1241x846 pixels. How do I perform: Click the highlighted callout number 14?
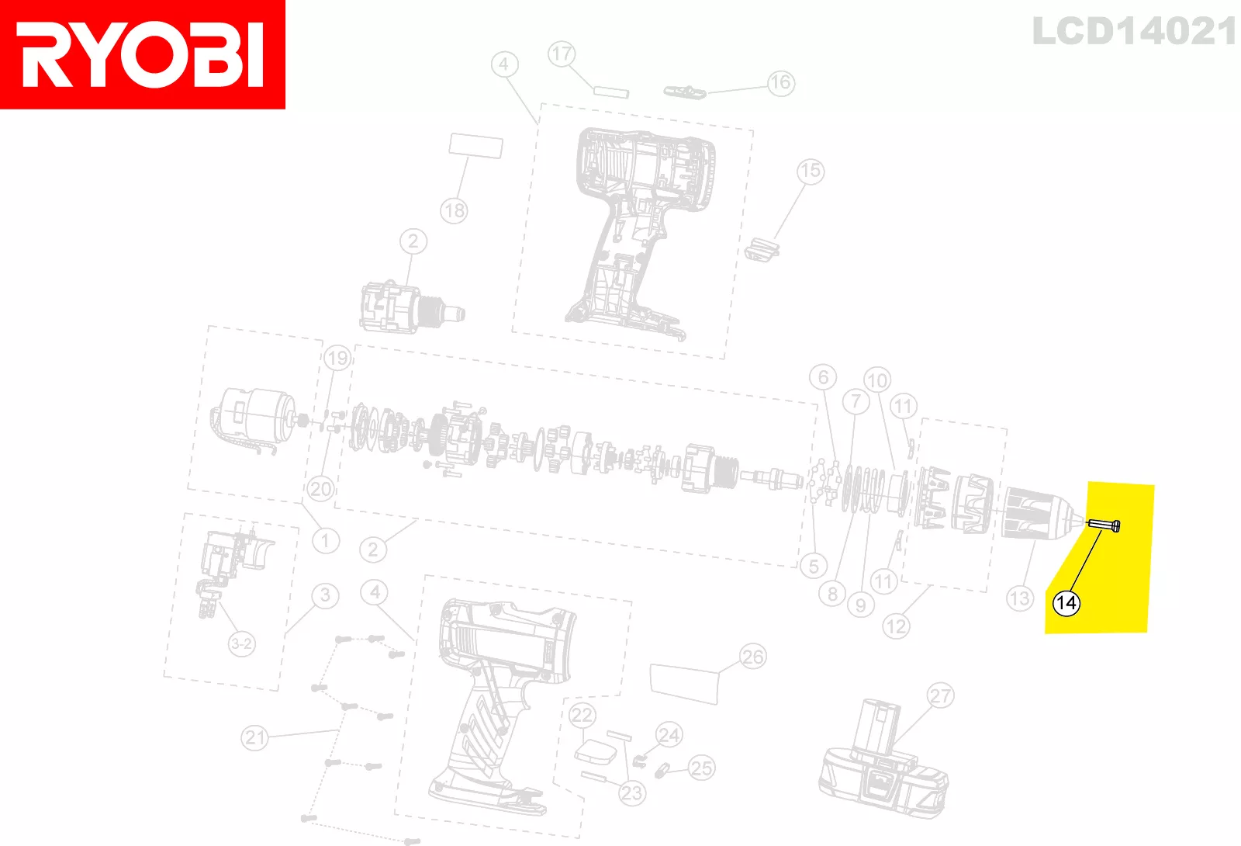click(x=1066, y=602)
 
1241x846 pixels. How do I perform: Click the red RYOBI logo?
click(x=143, y=54)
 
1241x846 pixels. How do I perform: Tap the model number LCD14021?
click(x=1134, y=32)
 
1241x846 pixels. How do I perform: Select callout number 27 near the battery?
click(x=940, y=695)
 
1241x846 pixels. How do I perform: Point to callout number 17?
click(x=562, y=54)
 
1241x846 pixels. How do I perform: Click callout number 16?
click(x=780, y=82)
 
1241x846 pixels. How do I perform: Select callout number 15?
click(x=810, y=171)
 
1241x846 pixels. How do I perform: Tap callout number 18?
click(x=455, y=210)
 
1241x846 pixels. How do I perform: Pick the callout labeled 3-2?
click(x=241, y=643)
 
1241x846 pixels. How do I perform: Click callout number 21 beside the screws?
click(x=255, y=737)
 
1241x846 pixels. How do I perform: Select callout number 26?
click(x=752, y=657)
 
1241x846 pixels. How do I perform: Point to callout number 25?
click(x=701, y=768)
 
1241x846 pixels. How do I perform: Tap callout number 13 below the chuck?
click(x=1019, y=598)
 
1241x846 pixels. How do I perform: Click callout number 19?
click(x=337, y=358)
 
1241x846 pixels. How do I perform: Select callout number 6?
click(x=823, y=377)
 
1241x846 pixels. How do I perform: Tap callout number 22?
click(x=582, y=715)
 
